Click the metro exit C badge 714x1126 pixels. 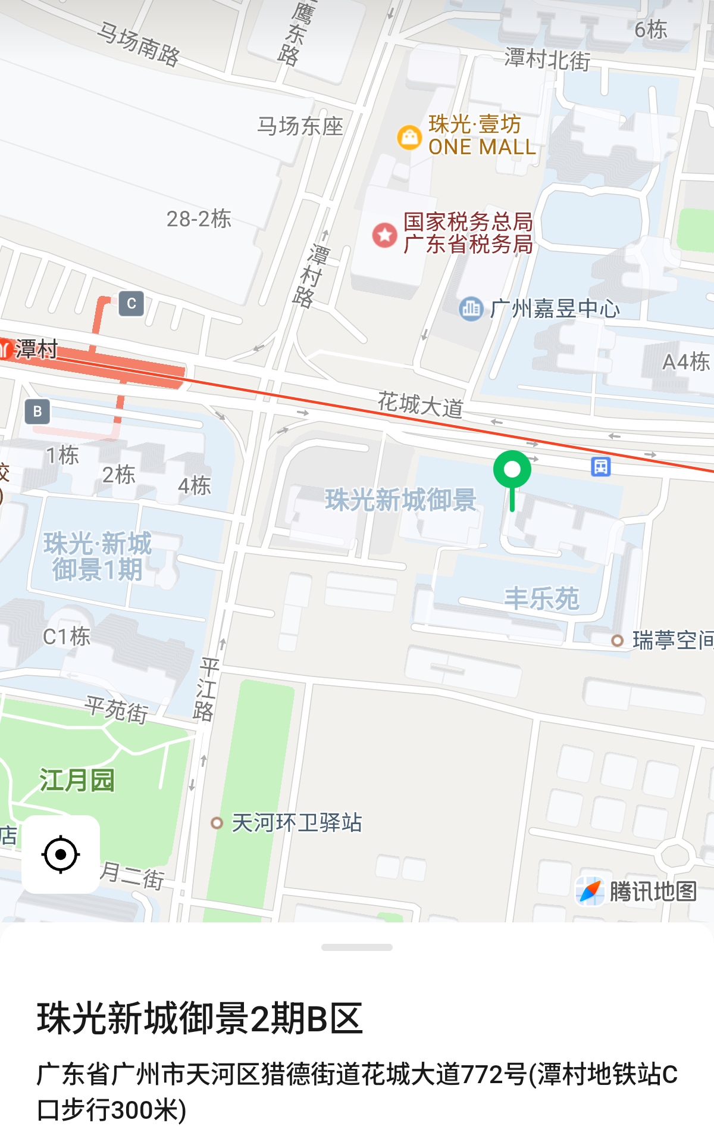131,304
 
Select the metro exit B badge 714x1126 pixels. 37,411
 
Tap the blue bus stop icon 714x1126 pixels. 600,466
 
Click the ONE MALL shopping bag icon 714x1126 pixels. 409,137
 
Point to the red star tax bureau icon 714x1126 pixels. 384,235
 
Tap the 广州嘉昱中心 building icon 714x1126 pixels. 471,308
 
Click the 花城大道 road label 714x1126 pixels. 421,405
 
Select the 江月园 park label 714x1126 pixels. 77,780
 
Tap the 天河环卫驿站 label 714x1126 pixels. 296,823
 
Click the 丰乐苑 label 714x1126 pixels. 541,598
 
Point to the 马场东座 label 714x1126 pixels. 300,126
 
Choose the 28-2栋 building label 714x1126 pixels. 199,219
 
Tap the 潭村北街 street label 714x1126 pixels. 547,60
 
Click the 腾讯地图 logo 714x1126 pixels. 637,891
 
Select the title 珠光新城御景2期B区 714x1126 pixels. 200,1018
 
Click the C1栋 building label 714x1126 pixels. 67,637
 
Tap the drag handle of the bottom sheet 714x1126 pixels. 357,947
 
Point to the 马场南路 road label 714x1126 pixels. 139,45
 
